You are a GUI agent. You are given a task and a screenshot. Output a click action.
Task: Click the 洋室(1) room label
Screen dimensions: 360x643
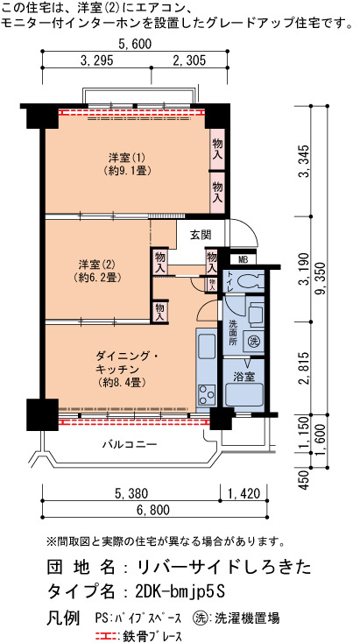click(x=127, y=158)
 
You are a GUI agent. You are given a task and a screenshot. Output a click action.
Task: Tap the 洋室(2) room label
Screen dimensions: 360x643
click(x=97, y=263)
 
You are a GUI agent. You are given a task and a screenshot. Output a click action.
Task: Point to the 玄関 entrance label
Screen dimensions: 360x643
click(x=201, y=235)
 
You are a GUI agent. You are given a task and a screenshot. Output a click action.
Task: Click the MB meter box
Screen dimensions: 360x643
click(x=243, y=259)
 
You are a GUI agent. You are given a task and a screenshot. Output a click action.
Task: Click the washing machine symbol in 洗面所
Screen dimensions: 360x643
click(x=254, y=340)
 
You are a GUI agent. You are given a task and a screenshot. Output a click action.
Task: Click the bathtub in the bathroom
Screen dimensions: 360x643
click(x=244, y=394)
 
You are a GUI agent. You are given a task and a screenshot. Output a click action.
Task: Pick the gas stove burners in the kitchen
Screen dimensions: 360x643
click(x=206, y=395)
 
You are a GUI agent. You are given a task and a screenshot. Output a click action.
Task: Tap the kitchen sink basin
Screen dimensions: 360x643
click(x=206, y=346)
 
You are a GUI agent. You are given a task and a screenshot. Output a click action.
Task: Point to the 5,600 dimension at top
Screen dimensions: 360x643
click(x=135, y=44)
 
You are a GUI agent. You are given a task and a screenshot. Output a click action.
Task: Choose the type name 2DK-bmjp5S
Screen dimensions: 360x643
click(x=180, y=591)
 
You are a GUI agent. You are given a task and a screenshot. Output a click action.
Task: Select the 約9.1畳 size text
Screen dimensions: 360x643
click(x=128, y=170)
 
